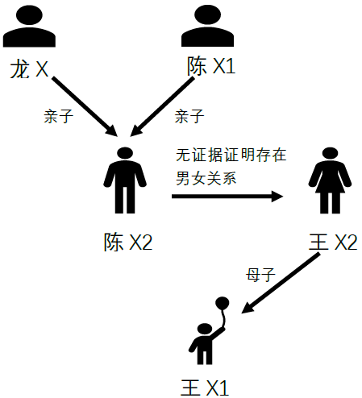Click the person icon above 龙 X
point(29,26)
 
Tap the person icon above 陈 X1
point(207,26)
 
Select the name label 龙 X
point(29,69)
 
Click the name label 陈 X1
point(211,66)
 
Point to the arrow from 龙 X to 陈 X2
point(85,106)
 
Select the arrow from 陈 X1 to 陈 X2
point(162,106)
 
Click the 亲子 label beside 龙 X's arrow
point(58,117)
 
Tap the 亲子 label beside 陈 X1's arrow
point(189,117)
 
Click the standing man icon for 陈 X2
point(125,180)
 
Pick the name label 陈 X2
point(128,243)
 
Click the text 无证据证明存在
point(231,155)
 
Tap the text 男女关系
point(206,178)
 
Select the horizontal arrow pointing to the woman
point(227,197)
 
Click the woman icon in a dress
point(330,180)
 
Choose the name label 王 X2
point(333,243)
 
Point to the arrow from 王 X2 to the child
point(281,283)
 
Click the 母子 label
point(260,275)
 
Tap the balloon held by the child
point(223,304)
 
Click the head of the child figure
point(205,330)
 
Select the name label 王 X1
point(205,388)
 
